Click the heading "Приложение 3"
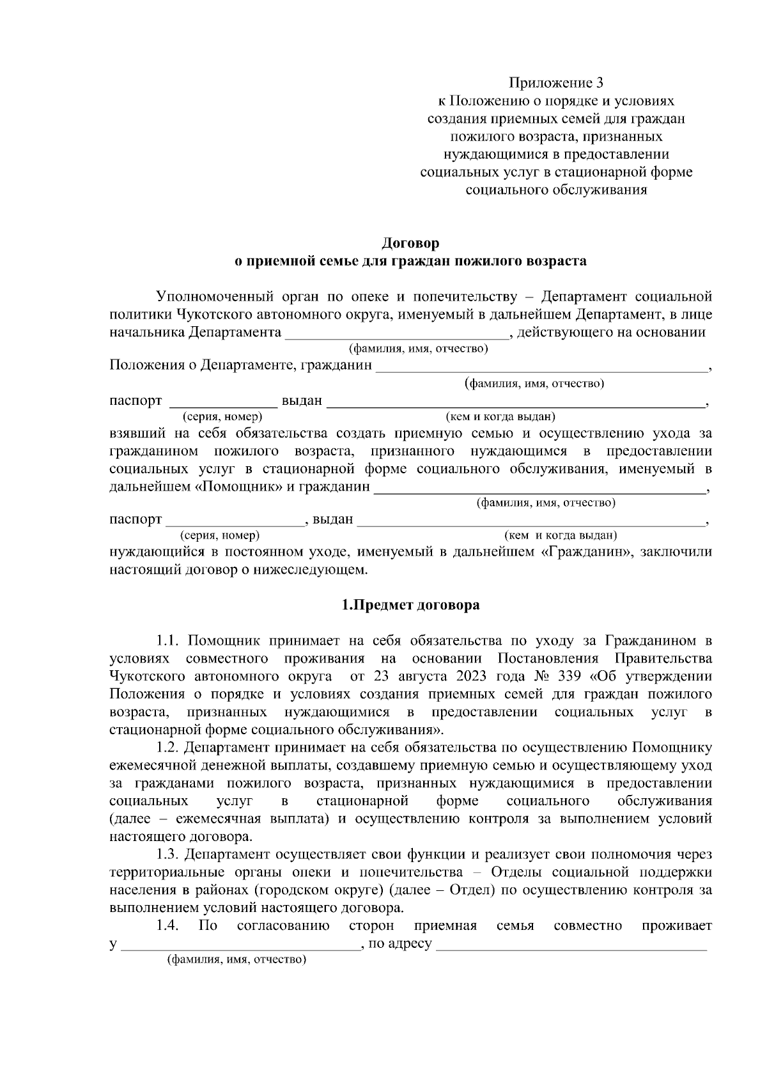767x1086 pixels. click(555, 83)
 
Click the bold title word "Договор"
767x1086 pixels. click(410, 244)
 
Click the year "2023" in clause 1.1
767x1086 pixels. click(473, 677)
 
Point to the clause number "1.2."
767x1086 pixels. click(169, 748)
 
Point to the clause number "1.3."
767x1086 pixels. click(169, 854)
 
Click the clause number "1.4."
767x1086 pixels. click(167, 925)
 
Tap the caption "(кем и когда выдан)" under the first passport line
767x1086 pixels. click(499, 417)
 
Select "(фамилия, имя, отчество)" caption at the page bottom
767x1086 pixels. click(236, 960)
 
